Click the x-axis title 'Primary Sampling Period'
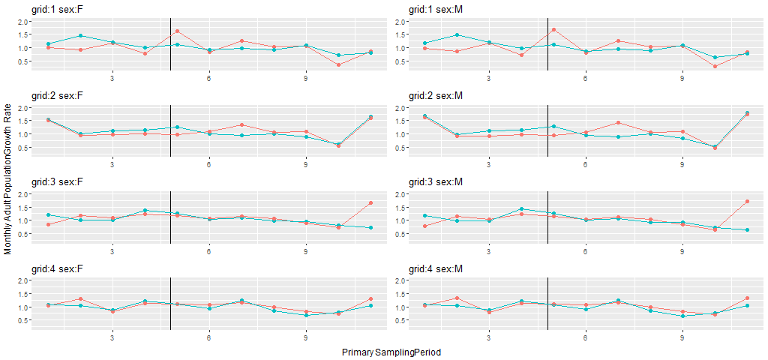[x=391, y=352]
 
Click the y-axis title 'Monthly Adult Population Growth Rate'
[x=7, y=179]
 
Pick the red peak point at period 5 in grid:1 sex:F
[x=177, y=31]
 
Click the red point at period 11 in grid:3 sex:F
[x=370, y=202]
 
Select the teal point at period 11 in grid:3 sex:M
[x=747, y=229]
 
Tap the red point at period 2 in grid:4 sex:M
[x=457, y=298]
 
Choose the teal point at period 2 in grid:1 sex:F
[x=80, y=35]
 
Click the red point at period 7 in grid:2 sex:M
[x=618, y=122]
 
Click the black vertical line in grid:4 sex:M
[x=548, y=303]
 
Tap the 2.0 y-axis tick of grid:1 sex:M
[x=400, y=22]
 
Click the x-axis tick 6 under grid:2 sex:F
[x=208, y=164]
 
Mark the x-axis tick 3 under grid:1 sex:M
[x=489, y=78]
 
